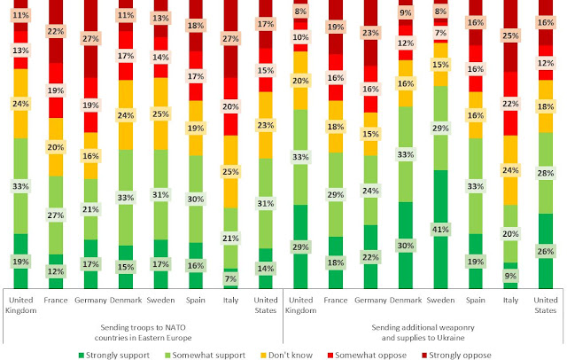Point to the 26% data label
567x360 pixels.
[546, 251]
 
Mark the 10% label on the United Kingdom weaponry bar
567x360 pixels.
[301, 38]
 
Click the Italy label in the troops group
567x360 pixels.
[229, 300]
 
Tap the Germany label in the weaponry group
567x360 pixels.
[370, 300]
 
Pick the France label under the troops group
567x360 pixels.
[56, 300]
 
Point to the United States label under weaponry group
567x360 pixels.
[546, 304]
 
